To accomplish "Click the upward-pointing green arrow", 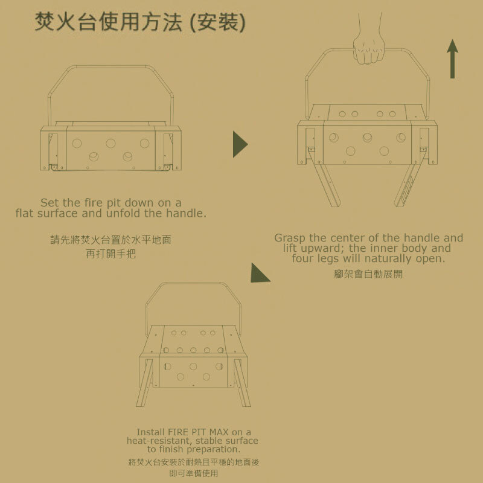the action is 452,59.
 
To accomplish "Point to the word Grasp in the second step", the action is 290,238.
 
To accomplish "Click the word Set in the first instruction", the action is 50,203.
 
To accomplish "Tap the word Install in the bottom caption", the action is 150,432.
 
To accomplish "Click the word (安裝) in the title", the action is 218,22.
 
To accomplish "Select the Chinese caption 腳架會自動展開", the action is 368,274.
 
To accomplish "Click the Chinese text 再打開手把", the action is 110,254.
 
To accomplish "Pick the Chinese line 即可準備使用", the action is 193,473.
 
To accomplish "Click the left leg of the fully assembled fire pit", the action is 145,383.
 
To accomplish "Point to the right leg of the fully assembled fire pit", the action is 243,383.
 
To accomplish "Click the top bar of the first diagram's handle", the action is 110,66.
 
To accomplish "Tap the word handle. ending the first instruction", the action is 186,213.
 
